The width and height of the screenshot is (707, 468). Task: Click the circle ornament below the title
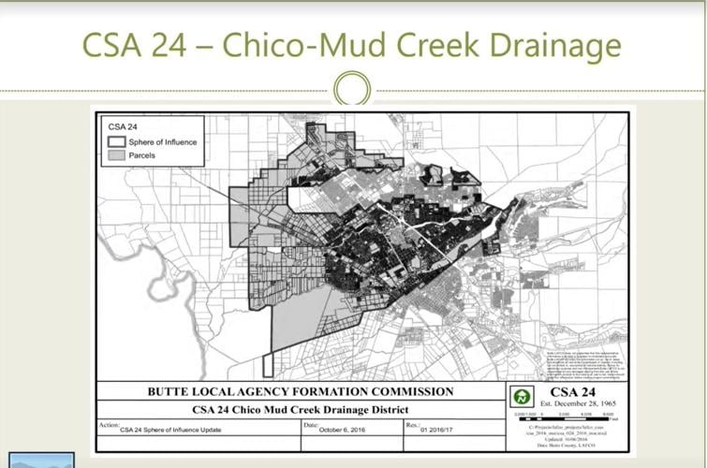[352, 90]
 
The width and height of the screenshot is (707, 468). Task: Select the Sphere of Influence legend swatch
[117, 141]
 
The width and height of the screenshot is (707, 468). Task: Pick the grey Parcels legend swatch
[117, 154]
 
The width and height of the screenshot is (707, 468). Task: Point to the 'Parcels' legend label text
[142, 155]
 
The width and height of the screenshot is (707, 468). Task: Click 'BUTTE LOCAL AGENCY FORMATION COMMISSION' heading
[299, 391]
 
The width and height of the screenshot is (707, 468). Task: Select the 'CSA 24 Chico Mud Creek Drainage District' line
[299, 409]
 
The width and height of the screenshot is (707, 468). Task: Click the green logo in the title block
[520, 396]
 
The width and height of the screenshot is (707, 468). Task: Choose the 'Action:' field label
[108, 425]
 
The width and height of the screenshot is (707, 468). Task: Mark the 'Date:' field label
[311, 425]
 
